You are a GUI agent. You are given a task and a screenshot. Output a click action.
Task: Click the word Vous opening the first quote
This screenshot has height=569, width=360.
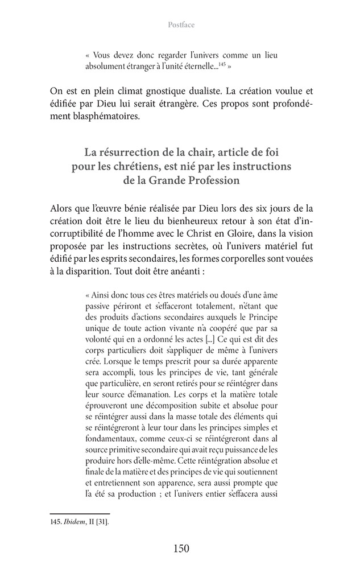[101, 57]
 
